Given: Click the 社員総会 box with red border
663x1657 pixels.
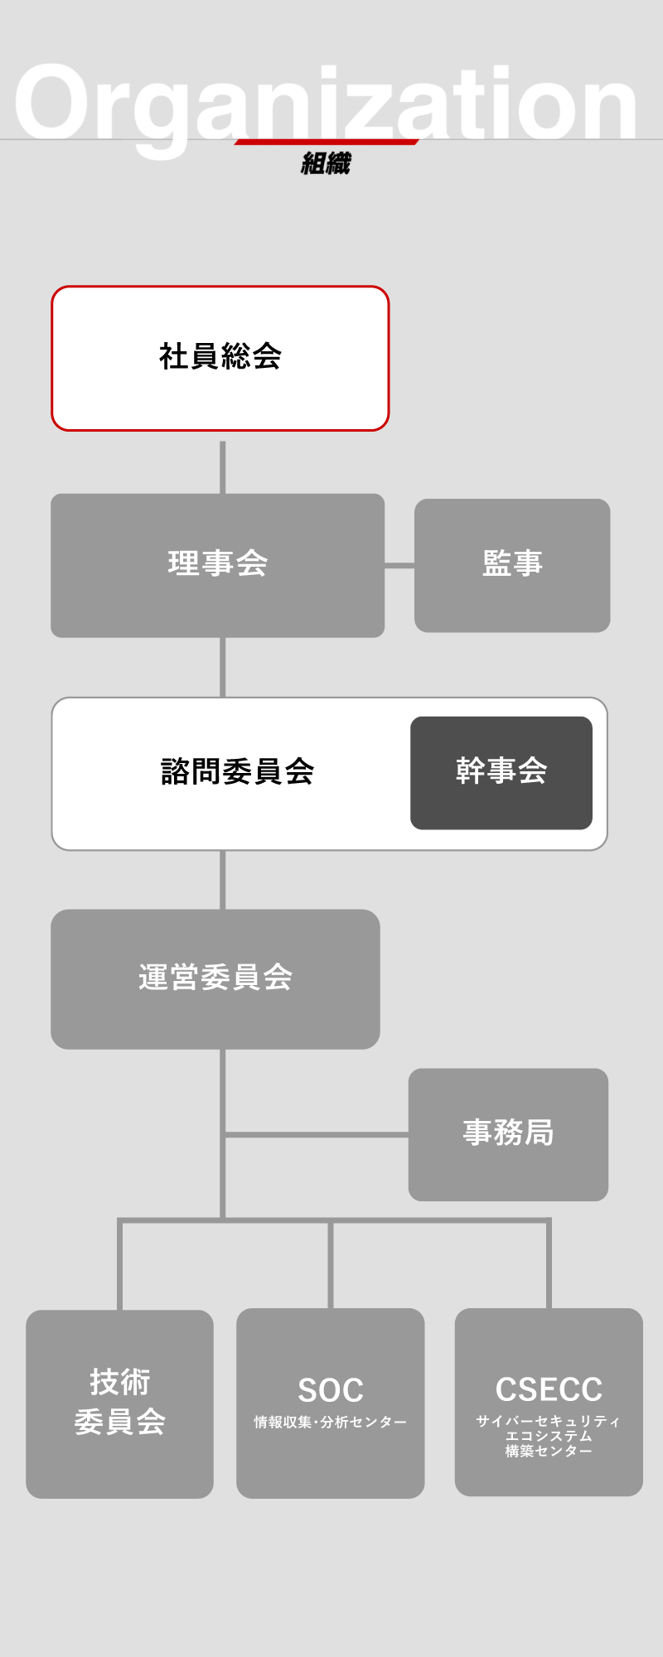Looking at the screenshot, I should coord(220,358).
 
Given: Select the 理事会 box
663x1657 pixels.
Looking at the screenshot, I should coord(217,565).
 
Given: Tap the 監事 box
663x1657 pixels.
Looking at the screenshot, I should coord(512,565).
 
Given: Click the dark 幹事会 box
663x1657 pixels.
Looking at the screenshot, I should coord(501,772).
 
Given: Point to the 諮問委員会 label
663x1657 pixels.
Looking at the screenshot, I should coord(237,772).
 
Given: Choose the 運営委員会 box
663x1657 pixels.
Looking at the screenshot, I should coord(215,978).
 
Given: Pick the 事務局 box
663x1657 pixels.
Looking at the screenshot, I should coord(508,1133).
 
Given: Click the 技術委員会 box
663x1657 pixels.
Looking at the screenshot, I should coord(119,1403).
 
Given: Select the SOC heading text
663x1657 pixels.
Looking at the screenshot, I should coord(331,1390).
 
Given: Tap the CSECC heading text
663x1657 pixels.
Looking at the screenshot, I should coord(549,1389).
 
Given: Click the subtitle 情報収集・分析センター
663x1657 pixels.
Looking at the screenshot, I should coord(331,1423).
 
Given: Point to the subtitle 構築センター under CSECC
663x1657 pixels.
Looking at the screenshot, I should coord(549,1452).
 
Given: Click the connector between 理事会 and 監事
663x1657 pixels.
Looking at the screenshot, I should coord(399,566).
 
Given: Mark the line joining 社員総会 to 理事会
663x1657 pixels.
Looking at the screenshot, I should coord(223,466).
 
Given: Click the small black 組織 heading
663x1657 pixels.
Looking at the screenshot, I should coord(326,164).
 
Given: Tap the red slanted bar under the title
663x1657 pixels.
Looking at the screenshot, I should coord(327,142).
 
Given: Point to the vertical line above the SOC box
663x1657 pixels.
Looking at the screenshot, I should coord(331,1264).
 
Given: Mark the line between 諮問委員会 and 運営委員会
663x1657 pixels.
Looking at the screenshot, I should coord(223,880).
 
